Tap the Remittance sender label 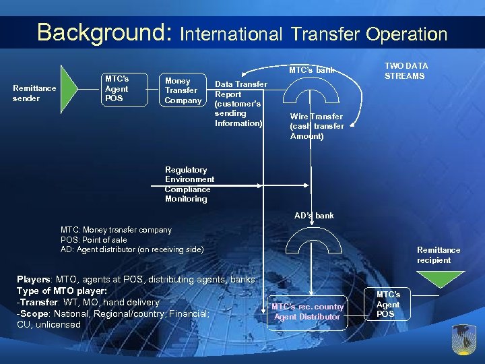(34, 93)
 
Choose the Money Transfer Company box (183, 90)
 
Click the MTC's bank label (311, 69)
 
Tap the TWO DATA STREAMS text (406, 71)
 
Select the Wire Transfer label (317, 126)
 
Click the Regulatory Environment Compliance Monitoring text (189, 184)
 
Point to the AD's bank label (313, 216)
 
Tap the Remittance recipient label (438, 255)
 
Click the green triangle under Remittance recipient (438, 277)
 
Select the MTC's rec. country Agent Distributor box (308, 311)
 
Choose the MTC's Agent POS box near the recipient (388, 304)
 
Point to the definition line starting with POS (94, 240)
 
